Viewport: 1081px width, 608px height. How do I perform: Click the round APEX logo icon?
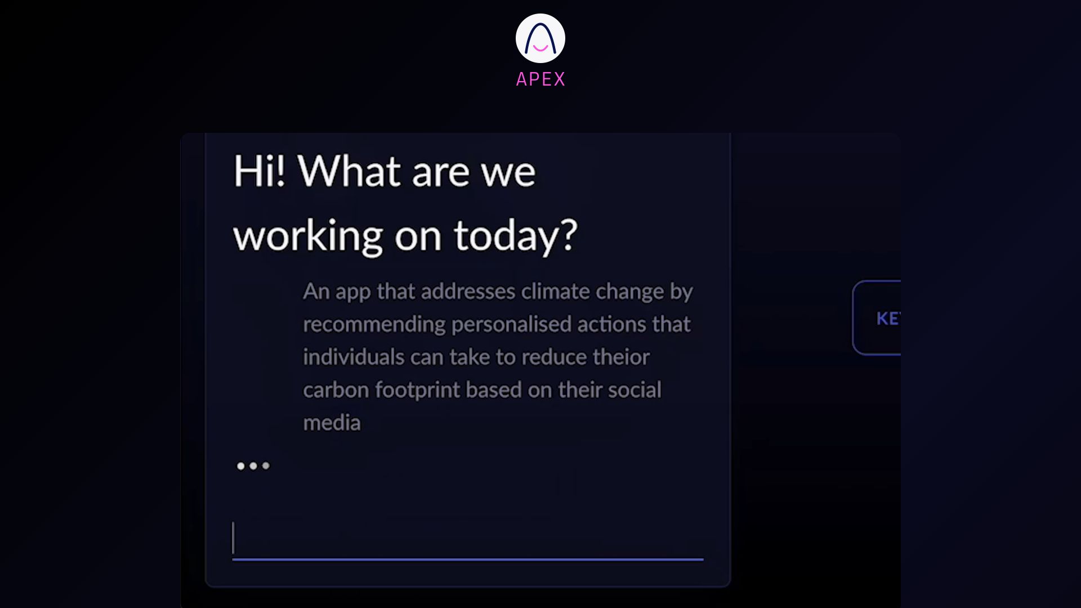(540, 38)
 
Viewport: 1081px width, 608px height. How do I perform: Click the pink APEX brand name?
(540, 79)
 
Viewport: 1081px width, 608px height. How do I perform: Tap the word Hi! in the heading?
(259, 171)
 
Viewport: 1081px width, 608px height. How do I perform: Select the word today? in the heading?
(516, 235)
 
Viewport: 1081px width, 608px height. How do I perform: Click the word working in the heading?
(308, 236)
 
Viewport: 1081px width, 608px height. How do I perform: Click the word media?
(332, 422)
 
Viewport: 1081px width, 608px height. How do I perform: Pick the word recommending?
(374, 324)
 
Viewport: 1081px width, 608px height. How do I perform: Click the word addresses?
(468, 292)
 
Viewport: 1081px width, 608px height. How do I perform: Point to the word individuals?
(354, 357)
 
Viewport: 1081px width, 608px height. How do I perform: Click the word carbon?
(336, 390)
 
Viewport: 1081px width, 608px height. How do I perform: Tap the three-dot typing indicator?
(253, 466)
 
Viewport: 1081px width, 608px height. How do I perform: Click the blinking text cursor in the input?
(233, 538)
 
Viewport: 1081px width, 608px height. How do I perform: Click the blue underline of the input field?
(467, 560)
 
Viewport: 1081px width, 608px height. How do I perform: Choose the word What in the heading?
(349, 171)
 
